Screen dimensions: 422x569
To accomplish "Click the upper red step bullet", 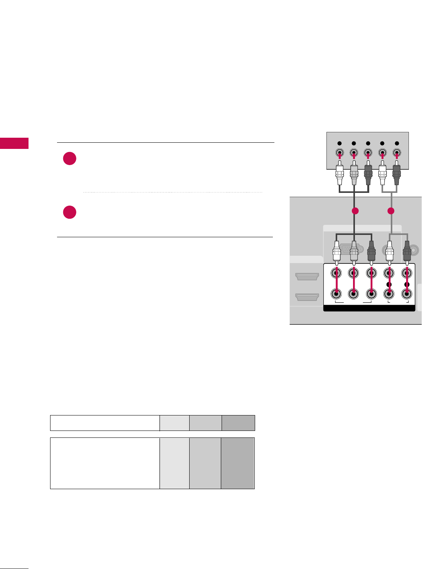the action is click(70, 159).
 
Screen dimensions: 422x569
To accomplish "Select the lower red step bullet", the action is click(70, 213).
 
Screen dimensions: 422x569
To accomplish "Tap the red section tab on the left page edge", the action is click(14, 143).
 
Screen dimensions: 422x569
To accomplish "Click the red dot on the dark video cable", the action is click(355, 211).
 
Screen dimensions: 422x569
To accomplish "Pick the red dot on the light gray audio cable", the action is click(391, 211).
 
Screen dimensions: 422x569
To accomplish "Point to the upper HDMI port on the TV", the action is click(307, 276).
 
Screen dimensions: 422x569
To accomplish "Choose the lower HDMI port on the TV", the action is click(307, 297).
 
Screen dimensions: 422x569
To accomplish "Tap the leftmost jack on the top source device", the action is click(340, 152).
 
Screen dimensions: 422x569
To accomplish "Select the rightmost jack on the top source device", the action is click(397, 152).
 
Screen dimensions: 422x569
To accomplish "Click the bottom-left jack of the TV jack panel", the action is click(336, 294).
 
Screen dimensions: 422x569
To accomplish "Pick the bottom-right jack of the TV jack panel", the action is click(406, 294).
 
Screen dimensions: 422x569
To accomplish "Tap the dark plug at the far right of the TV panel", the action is click(406, 252).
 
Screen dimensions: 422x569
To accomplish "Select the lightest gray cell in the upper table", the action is click(175, 423).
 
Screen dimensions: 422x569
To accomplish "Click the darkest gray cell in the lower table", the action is click(238, 463).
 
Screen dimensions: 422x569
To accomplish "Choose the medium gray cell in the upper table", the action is click(205, 423).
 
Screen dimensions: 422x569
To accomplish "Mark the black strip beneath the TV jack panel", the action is click(369, 308).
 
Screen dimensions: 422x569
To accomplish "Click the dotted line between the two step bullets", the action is click(173, 192).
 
